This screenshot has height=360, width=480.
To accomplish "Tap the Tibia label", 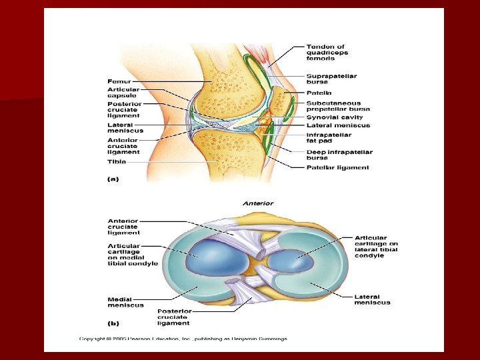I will pos(117,161).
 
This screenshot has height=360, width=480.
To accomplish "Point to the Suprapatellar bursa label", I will pos(331,79).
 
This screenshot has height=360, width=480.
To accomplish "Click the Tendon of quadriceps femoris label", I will pos(327,53).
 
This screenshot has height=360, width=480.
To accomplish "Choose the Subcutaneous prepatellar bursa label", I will pos(333,106).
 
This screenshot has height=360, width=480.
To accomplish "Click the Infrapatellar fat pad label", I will pos(329,137).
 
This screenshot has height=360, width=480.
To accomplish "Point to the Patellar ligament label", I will pos(337,168).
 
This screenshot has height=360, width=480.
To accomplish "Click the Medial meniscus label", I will pos(125,302).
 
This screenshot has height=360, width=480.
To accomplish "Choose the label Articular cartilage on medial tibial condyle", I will pos(133,255).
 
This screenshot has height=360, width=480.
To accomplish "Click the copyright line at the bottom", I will pos(183,339).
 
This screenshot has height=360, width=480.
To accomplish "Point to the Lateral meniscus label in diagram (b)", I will pos(373,299).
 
